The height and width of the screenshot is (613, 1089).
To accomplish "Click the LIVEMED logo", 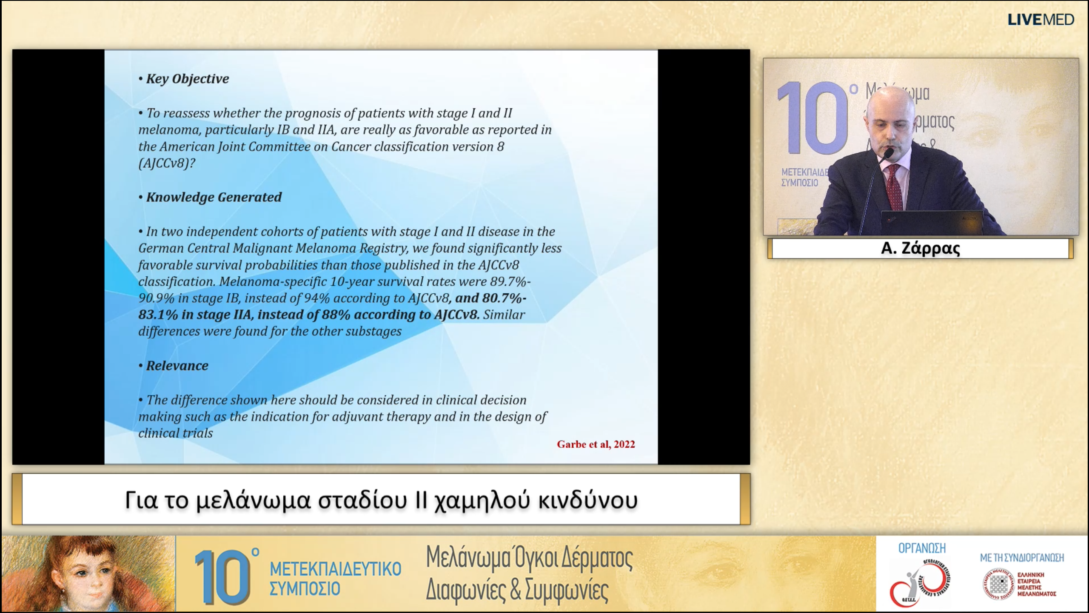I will pos(1041,20).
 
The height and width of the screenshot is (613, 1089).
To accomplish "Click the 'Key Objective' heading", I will pos(187,79).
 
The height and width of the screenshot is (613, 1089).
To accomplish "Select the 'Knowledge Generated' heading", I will pos(214,197).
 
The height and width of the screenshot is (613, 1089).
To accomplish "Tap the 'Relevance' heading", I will pos(177,366).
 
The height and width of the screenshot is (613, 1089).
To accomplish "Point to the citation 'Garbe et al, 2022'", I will pos(596,444).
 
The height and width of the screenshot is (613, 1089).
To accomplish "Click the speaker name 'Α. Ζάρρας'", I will pos(920,248).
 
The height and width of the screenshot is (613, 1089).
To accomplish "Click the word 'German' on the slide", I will pos(160,248).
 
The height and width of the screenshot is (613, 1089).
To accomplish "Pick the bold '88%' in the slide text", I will pos(336,315).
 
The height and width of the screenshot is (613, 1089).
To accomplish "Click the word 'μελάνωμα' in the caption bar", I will pos(254,500).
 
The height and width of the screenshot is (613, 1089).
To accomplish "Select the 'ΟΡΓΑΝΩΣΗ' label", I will pos(921,548).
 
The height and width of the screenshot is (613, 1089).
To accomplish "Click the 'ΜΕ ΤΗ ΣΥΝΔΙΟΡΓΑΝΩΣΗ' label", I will pos(1022,558).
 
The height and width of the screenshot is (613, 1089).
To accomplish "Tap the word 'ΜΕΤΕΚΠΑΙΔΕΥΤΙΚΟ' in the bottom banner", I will pos(335,569).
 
